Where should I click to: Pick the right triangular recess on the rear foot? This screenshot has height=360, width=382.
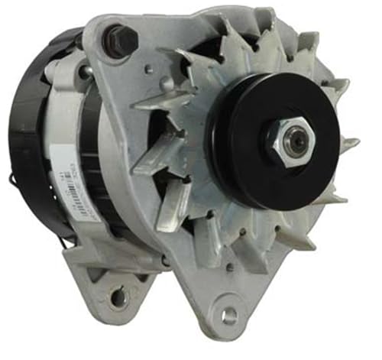pyautogui.click(x=138, y=279)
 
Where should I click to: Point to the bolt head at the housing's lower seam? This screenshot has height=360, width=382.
pyautogui.click(x=164, y=261)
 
